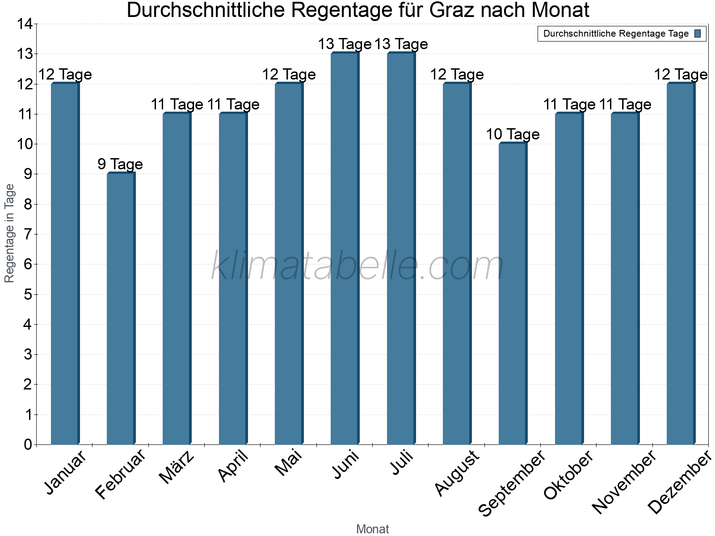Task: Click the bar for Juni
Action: (x=345, y=248)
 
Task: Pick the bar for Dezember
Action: (x=681, y=264)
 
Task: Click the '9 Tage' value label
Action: (x=120, y=164)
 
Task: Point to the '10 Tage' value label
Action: (x=513, y=134)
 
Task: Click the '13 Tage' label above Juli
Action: (x=401, y=44)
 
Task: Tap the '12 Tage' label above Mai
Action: (x=289, y=74)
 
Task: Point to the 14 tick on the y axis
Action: (x=25, y=24)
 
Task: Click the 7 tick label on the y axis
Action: (x=28, y=234)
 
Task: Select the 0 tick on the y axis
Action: (x=28, y=444)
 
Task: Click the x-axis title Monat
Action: (x=372, y=529)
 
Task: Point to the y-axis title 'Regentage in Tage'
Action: (x=9, y=233)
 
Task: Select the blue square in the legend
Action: (x=698, y=33)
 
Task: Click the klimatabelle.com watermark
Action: (x=357, y=266)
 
